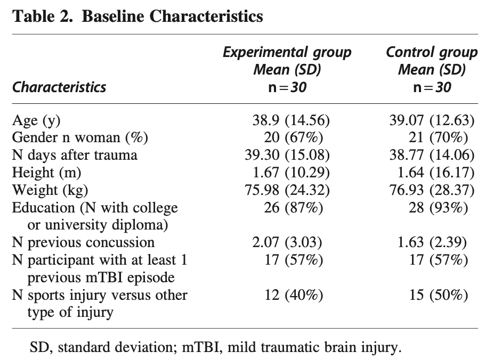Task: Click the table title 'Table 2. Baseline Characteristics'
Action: coord(138,16)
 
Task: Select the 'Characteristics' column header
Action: coord(59,87)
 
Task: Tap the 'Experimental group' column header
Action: coord(287,52)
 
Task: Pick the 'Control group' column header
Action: coord(432,52)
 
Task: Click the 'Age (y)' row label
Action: coord(36,120)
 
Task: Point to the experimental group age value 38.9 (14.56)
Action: coord(291,120)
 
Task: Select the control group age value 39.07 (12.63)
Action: coord(432,120)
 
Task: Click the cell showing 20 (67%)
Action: coord(293,137)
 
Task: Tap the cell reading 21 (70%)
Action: coord(438,137)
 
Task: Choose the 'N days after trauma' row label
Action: coord(75,155)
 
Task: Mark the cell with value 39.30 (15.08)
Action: coord(287,155)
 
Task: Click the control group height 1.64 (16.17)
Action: coord(435,173)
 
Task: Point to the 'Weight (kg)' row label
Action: coord(50,190)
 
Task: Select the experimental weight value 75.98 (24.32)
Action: coord(287,190)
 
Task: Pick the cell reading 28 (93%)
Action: coord(438,207)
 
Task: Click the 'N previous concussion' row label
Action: coord(83,242)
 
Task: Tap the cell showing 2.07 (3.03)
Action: coord(287,242)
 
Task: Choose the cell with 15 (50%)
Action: coord(438,295)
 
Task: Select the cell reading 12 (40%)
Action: coord(293,295)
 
